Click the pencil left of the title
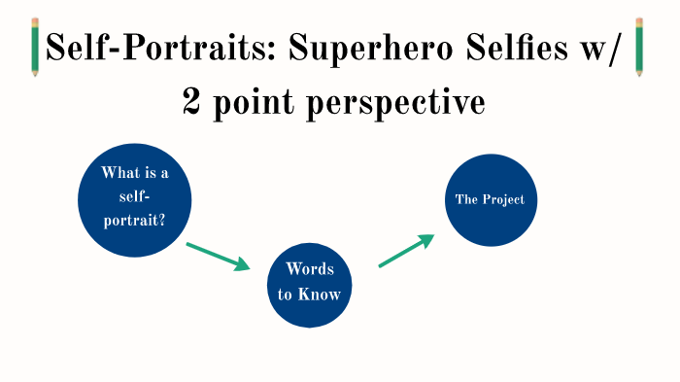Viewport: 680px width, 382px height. pos(36,47)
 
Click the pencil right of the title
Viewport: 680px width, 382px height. pos(640,46)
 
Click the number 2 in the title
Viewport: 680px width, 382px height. pos(191,101)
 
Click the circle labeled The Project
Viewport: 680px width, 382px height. pos(491,199)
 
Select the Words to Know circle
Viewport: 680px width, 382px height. pos(310,282)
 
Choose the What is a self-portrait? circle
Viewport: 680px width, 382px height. pos(135,200)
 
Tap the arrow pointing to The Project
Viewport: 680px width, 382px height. pos(404,251)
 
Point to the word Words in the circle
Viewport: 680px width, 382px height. pos(310,270)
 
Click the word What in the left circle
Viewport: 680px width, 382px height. pos(118,173)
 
